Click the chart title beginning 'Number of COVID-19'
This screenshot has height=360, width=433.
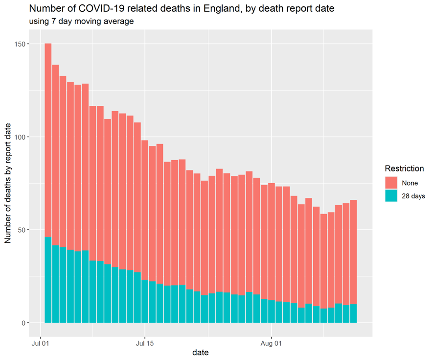(182, 9)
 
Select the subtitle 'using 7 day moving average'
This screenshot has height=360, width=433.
(82, 21)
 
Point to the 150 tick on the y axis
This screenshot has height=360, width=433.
(20, 44)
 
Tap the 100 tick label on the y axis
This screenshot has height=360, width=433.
(20, 137)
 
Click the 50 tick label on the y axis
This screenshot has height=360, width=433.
(22, 230)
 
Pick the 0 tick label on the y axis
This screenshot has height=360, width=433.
(23, 323)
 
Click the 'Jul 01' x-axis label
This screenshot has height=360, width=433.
(41, 343)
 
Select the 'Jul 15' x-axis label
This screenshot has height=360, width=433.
(145, 343)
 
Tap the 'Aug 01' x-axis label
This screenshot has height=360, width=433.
(271, 343)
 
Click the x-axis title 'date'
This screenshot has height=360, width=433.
(201, 353)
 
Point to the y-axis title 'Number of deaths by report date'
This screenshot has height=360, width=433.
(8, 183)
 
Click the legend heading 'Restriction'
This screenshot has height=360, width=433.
(404, 168)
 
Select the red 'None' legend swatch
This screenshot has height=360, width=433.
(391, 183)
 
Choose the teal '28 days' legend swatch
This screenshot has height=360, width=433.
(391, 195)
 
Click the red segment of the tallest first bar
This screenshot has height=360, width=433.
(48, 140)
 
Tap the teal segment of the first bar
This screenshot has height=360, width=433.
(48, 280)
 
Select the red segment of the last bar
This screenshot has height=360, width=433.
(353, 252)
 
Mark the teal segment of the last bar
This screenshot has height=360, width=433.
(353, 313)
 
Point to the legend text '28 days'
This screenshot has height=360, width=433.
(413, 196)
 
